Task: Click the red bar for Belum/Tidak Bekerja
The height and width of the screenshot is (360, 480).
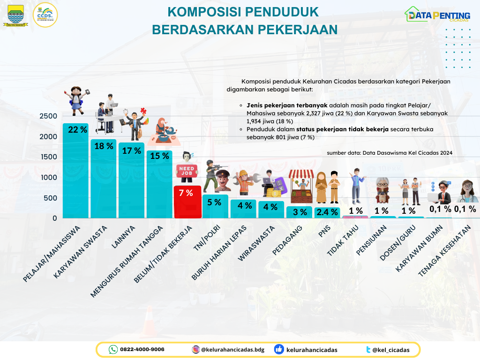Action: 187,202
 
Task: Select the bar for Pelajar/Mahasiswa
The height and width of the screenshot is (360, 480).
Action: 75,173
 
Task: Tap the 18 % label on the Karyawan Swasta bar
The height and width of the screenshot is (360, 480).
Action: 104,146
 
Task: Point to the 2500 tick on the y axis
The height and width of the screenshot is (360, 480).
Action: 48,116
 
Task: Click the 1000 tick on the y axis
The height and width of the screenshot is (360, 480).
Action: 48,178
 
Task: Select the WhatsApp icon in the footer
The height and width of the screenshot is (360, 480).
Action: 113,350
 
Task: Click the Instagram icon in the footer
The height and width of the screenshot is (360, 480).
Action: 195,350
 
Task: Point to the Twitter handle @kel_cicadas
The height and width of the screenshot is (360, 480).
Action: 390,350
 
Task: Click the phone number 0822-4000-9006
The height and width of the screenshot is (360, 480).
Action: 142,350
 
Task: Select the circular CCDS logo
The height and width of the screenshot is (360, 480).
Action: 45,15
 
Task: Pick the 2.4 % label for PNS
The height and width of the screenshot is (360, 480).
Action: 327,212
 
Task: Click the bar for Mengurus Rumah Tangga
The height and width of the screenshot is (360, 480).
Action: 159,185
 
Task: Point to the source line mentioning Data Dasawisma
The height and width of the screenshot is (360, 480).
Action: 389,153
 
